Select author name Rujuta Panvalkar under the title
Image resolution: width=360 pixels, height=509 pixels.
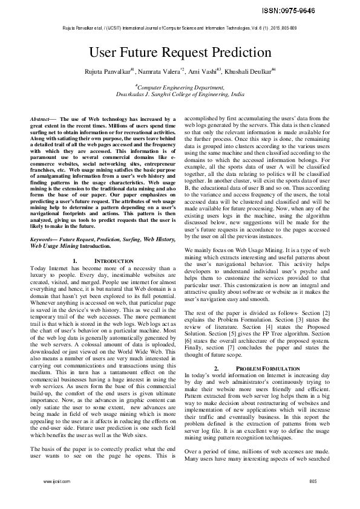click(x=107, y=73)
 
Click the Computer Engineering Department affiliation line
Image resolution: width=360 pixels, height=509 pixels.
click(x=180, y=88)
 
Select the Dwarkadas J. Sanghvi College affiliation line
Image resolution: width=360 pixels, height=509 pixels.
click(x=180, y=95)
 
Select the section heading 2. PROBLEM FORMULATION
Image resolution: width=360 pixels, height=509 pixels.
click(x=258, y=368)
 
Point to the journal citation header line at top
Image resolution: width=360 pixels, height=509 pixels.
click(x=180, y=28)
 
